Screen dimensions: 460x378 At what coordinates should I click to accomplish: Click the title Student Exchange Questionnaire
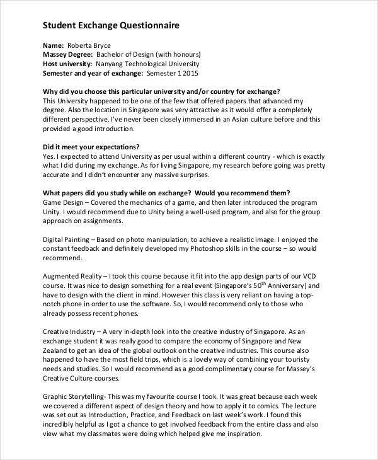(110, 26)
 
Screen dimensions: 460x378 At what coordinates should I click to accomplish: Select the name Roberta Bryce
(89, 46)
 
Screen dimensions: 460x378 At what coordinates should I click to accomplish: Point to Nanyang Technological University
(147, 64)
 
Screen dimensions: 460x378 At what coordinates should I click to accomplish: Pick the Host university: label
(67, 64)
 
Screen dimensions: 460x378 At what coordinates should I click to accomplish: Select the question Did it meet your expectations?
(91, 146)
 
